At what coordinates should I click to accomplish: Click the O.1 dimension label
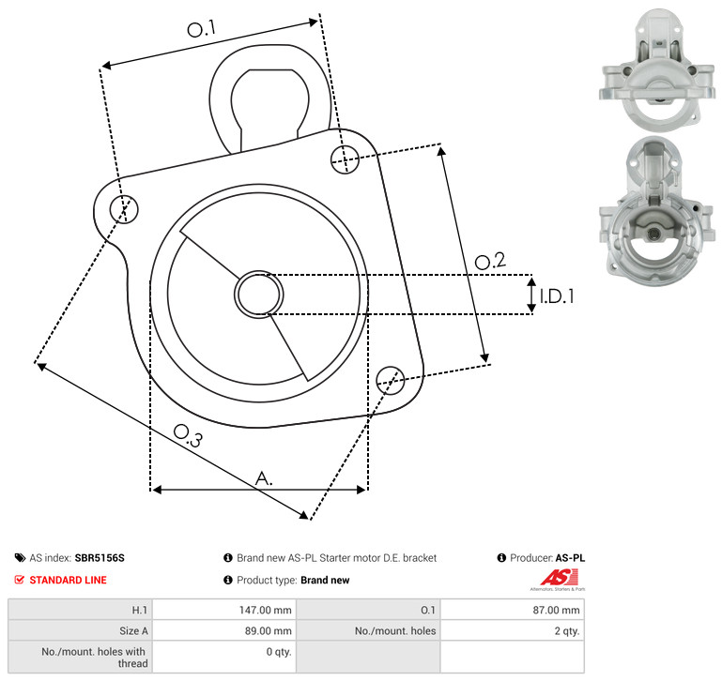pos(201,28)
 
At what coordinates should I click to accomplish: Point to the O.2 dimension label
pos(490,261)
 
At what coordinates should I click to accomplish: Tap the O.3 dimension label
pos(188,435)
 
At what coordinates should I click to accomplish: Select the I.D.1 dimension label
pos(557,296)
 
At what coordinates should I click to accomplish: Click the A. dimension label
pos(264,478)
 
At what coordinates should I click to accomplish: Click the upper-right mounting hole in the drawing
pos(345,159)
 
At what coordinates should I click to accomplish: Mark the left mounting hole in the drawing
pos(124,209)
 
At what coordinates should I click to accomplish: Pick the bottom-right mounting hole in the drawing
pos(391,380)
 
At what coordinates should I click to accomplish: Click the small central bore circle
pos(259,295)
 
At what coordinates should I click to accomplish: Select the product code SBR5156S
pos(100,558)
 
